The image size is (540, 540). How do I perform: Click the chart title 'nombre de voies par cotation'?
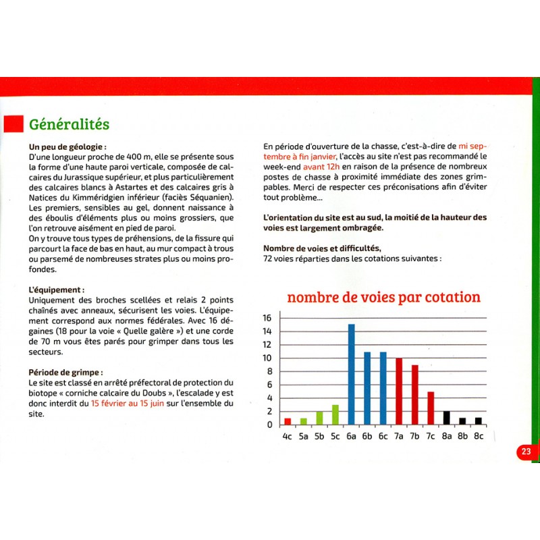click(383, 298)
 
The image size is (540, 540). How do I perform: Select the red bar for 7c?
click(431, 408)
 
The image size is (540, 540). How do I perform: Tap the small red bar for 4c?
click(288, 421)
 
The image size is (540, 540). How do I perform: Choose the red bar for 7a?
click(399, 391)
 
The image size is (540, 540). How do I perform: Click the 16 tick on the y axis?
click(267, 318)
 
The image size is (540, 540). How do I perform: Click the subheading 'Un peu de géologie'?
click(67, 146)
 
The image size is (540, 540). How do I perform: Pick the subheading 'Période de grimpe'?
click(67, 371)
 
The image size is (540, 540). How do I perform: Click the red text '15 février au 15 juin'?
click(128, 404)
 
